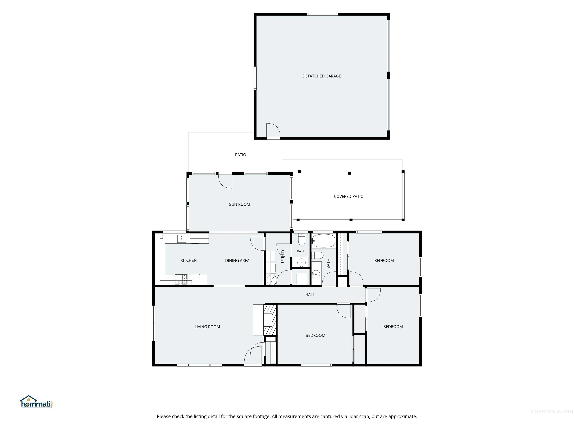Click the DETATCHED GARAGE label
[322, 76]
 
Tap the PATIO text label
[240, 155]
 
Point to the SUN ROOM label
[240, 204]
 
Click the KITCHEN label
[189, 260]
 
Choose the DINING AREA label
[237, 261]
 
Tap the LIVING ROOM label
[207, 327]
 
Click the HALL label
[310, 295]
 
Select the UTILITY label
[283, 256]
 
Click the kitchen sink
[182, 239]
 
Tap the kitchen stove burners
[181, 279]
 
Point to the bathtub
[323, 241]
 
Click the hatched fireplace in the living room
[270, 320]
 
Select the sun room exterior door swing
[225, 181]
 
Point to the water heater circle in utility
[272, 280]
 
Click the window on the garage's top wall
[323, 14]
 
